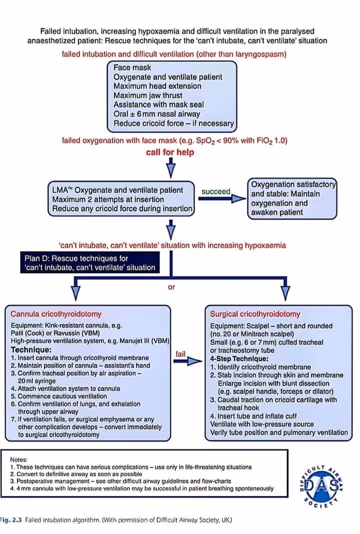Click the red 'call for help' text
point(170,152)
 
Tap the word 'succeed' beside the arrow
point(215,191)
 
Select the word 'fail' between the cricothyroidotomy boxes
point(180,354)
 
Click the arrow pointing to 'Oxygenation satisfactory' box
point(222,199)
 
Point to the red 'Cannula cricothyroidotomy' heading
point(56,314)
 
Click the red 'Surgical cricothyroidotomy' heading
point(255,314)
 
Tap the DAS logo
point(320,485)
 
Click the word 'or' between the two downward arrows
point(171,287)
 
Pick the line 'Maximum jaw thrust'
point(148,95)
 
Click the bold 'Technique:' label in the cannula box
point(31,349)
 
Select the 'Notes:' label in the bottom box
point(19,459)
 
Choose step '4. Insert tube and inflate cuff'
point(253,416)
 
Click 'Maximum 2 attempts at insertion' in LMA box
point(108,199)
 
